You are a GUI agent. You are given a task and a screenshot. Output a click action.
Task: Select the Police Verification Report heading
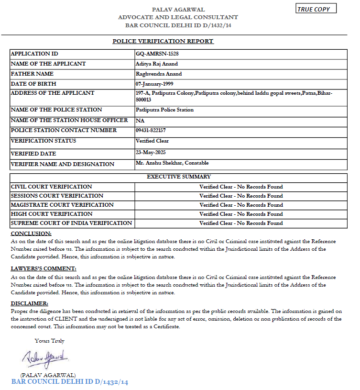coord(163,41)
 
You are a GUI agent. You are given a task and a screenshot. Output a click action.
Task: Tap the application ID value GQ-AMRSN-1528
coord(157,54)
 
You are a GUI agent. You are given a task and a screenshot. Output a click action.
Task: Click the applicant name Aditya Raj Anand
coord(157,64)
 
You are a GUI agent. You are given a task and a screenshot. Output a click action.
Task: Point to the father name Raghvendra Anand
coord(159,74)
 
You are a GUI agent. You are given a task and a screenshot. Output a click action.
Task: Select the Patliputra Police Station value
coord(164,110)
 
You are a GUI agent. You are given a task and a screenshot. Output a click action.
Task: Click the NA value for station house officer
coord(140,121)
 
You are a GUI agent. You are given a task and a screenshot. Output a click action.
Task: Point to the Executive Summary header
coord(179,177)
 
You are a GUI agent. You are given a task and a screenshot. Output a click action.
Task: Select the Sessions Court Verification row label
coord(57,196)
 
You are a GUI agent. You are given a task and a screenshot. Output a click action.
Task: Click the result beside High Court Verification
coord(241,214)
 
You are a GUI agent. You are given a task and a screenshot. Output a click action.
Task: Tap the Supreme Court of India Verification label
coord(71,223)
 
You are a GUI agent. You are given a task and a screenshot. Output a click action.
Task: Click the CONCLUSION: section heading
coord(31,234)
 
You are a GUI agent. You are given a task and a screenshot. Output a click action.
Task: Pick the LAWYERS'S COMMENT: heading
coord(44,269)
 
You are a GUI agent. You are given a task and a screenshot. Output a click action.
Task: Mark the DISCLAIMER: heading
coord(30,304)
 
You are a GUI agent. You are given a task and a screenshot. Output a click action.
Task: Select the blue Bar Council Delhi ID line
coord(70,382)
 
